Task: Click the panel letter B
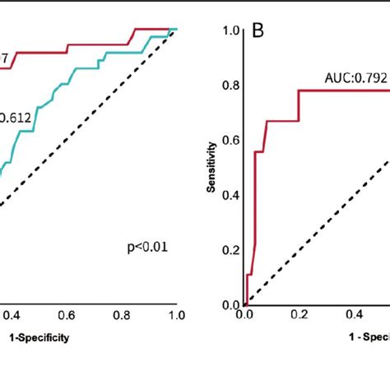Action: [258, 33]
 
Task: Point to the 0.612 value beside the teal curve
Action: [15, 118]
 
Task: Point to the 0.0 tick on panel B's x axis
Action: [244, 314]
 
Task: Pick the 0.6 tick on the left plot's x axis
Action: [67, 314]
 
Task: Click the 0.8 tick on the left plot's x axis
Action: [121, 314]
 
